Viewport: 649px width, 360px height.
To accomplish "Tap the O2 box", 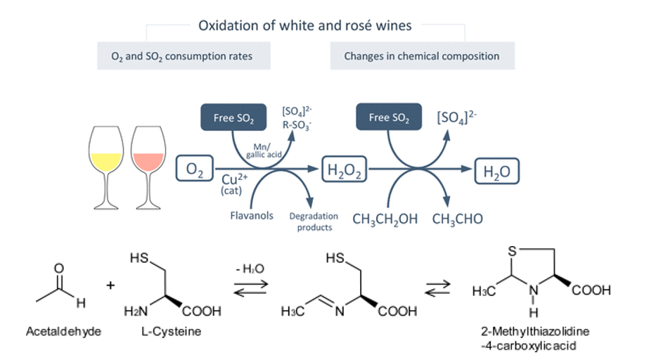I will click(x=193, y=169).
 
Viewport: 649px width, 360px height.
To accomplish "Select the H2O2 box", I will click(x=345, y=169).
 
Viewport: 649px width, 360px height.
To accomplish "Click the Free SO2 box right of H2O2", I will click(x=389, y=117).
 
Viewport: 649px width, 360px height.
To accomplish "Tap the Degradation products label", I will click(x=314, y=221).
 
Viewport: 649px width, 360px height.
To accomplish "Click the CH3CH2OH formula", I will click(x=385, y=219).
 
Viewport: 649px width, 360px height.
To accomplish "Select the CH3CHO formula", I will click(x=458, y=219).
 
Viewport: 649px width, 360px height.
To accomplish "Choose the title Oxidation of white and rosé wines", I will click(x=305, y=25).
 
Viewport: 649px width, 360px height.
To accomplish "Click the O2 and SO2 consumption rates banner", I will click(x=184, y=56).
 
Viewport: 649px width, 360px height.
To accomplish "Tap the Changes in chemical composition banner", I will click(x=422, y=56).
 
